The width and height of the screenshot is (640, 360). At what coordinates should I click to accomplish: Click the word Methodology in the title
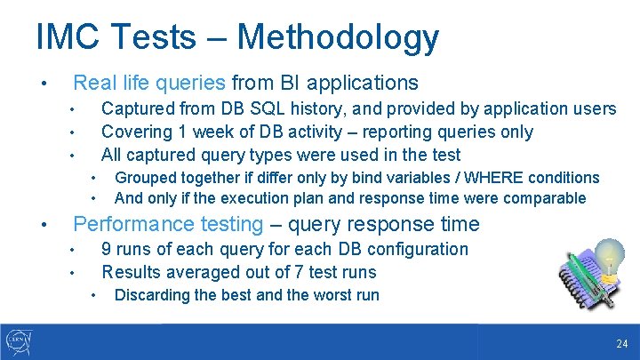(x=338, y=37)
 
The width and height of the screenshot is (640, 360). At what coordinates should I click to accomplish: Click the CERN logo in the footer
(x=19, y=341)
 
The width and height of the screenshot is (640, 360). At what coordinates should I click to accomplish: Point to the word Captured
(x=137, y=108)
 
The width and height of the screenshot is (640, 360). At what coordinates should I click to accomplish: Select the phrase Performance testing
(x=168, y=224)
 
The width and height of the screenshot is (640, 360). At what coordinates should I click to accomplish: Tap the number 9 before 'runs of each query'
(x=107, y=249)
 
